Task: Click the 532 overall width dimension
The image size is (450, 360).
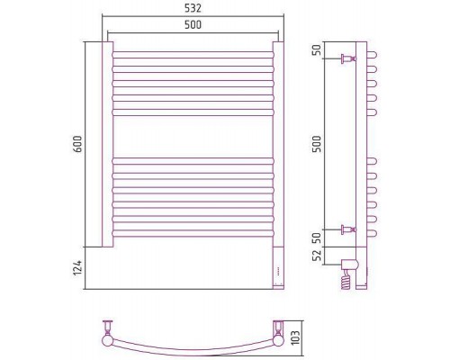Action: [193, 8]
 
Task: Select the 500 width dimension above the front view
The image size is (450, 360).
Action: [193, 24]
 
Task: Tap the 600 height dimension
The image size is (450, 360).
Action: [77, 144]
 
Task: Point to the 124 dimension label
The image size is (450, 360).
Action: [77, 268]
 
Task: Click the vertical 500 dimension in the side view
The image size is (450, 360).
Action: [317, 144]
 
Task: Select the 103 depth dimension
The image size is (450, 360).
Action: [295, 337]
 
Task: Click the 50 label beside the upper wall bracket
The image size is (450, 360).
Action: [317, 49]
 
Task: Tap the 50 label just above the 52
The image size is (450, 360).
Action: [317, 238]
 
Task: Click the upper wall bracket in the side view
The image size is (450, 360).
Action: [348, 58]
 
